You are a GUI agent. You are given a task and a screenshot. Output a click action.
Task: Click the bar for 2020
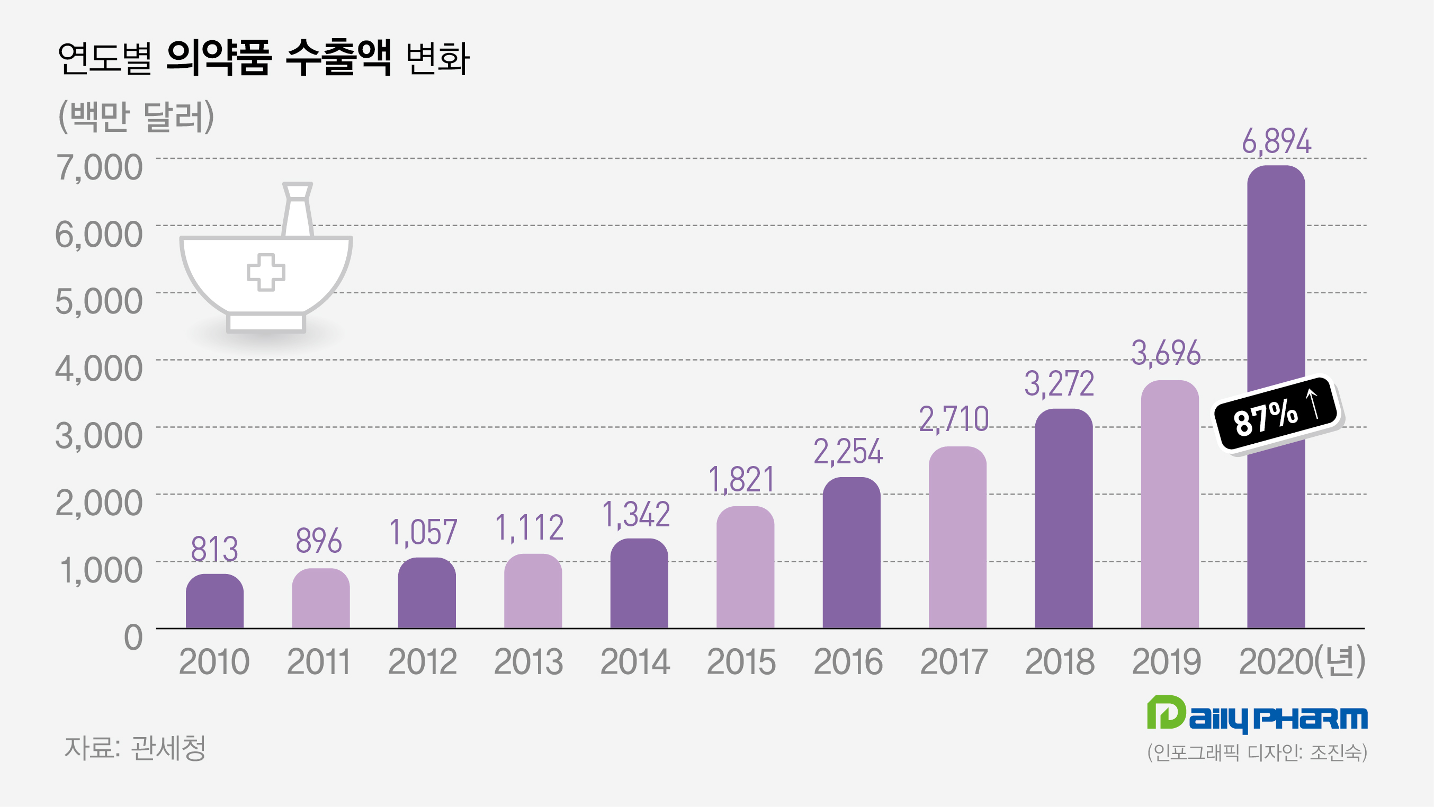(x=1275, y=279)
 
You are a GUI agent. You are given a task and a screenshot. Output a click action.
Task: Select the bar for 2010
(x=214, y=602)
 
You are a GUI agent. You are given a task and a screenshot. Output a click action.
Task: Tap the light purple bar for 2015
(x=745, y=568)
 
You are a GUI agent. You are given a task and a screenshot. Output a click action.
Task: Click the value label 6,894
(x=1276, y=141)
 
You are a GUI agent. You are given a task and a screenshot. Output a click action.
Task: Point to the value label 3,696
(x=1166, y=353)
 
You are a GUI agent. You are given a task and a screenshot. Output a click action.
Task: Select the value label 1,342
(x=636, y=514)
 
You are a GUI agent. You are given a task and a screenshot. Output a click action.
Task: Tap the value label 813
(x=214, y=549)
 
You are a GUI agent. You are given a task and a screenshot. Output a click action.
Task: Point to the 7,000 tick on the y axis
(x=99, y=167)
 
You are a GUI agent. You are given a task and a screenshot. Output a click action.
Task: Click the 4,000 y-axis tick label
(x=99, y=369)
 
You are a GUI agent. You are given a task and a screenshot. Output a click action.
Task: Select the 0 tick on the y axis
(x=133, y=637)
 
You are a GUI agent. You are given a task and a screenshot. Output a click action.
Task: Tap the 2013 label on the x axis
(x=528, y=662)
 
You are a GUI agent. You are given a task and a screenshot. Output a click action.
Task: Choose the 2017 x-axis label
(x=954, y=662)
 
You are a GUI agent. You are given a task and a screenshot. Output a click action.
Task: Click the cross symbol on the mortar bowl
(x=266, y=272)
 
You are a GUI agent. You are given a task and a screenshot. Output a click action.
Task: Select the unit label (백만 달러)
(x=137, y=116)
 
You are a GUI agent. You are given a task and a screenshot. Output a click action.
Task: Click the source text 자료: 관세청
(x=135, y=748)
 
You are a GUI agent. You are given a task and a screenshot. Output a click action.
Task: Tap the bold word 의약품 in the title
(x=219, y=58)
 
